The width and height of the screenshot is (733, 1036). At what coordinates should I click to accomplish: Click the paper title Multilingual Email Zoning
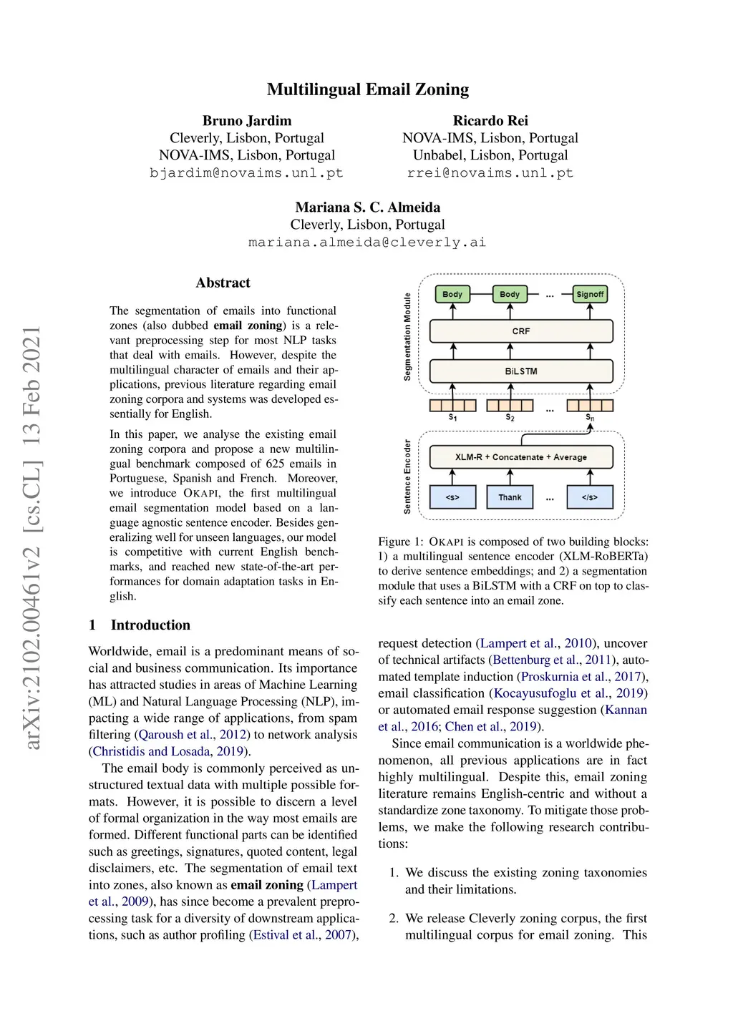(367, 89)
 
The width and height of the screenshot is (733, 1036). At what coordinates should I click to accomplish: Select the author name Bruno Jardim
(246, 120)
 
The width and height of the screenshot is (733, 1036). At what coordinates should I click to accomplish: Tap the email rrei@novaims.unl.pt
(490, 172)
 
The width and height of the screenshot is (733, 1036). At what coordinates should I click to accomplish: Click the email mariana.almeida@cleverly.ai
(367, 242)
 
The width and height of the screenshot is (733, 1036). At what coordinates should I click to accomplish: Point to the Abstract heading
(223, 283)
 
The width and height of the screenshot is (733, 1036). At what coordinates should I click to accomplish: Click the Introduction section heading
(150, 625)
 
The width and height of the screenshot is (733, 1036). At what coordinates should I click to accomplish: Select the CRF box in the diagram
(520, 331)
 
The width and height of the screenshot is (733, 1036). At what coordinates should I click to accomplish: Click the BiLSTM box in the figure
(520, 371)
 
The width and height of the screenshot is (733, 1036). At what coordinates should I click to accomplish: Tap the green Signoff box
(590, 294)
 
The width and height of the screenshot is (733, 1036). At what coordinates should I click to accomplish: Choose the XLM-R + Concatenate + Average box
(520, 457)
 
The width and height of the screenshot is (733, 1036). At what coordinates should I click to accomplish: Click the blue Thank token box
(510, 497)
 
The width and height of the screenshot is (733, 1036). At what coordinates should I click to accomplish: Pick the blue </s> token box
(590, 497)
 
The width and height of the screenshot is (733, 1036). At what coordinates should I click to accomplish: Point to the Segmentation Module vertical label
(407, 336)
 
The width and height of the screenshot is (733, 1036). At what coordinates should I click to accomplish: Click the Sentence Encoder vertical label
(407, 477)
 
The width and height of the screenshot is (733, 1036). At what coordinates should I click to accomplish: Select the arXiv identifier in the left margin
(32, 537)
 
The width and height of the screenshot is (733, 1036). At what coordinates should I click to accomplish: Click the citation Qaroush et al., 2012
(193, 735)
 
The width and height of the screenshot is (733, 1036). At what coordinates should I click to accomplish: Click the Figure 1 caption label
(394, 542)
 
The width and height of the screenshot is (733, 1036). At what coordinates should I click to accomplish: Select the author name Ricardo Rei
(490, 120)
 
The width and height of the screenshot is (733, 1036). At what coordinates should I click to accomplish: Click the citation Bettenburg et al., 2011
(550, 660)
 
